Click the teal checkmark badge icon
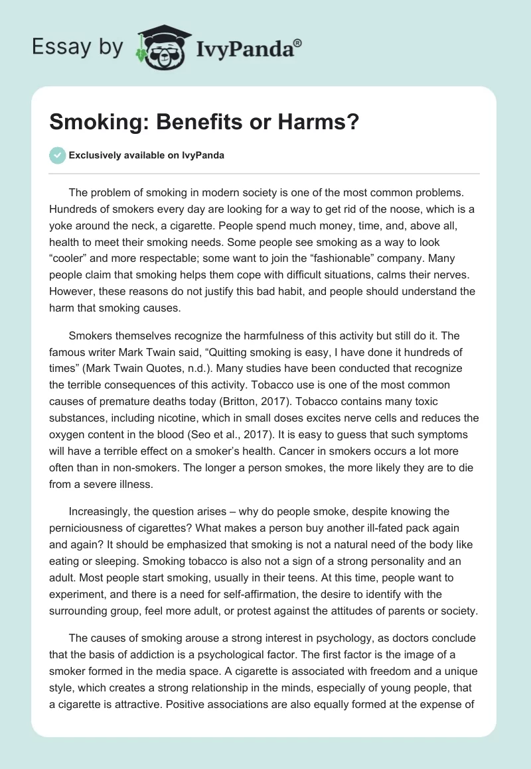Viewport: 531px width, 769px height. [x=58, y=155]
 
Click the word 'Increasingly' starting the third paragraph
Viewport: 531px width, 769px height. [x=104, y=511]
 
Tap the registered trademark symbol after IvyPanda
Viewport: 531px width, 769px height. [x=298, y=42]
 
